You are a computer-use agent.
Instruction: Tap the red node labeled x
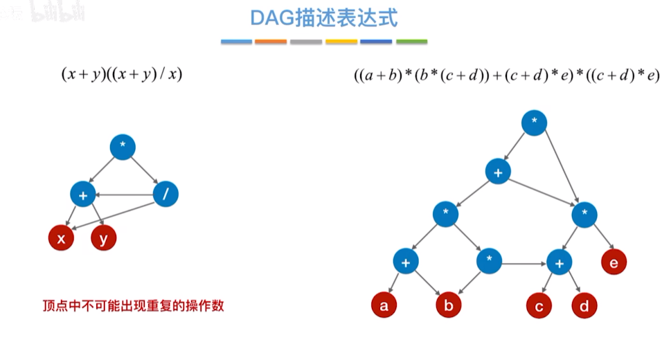[x=62, y=239]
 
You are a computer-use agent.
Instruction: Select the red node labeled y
[x=104, y=239]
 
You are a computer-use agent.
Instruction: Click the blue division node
[x=165, y=195]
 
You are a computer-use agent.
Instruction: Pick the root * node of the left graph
[x=123, y=146]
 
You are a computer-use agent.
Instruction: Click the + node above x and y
[x=83, y=195]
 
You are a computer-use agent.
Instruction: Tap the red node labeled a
[x=384, y=305]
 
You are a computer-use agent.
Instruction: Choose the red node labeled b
[x=448, y=305]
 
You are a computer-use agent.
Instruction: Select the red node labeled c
[x=539, y=305]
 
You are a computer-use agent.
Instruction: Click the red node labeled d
[x=584, y=305]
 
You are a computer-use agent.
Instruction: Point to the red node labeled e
[x=614, y=262]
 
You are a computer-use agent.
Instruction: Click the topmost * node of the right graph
[x=534, y=123]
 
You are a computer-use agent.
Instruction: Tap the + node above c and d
[x=560, y=262]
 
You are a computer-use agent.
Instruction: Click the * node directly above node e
[x=585, y=215]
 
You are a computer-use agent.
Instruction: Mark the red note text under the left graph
[x=133, y=305]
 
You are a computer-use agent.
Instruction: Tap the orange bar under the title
[x=271, y=42]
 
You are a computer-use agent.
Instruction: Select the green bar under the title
[x=411, y=42]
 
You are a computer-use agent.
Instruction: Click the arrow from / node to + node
[x=125, y=195]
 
